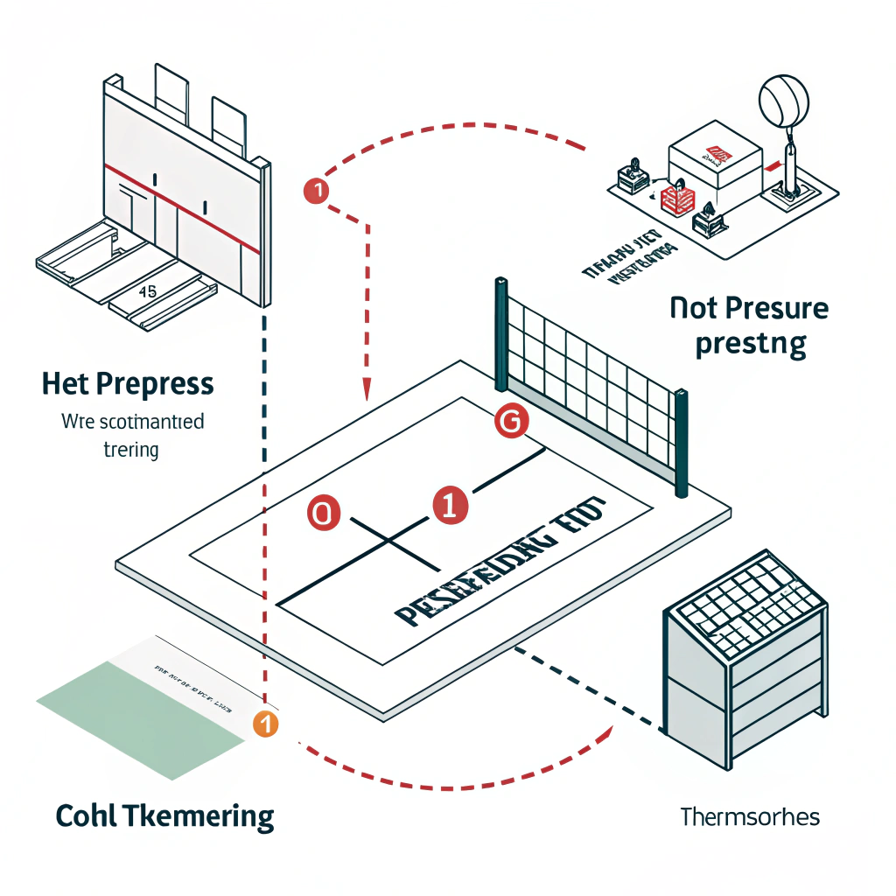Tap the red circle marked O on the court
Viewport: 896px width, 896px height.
[322, 514]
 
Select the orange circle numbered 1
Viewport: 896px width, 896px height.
[264, 724]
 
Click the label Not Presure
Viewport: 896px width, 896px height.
[748, 308]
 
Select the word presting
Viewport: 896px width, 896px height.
[750, 344]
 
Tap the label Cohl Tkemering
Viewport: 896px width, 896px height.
[164, 816]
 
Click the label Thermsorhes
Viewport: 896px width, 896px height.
[749, 817]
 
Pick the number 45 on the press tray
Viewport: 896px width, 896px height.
[148, 292]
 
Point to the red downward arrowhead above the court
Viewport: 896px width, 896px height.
[367, 389]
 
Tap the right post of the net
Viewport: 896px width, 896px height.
[680, 442]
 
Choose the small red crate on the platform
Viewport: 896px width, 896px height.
[674, 198]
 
